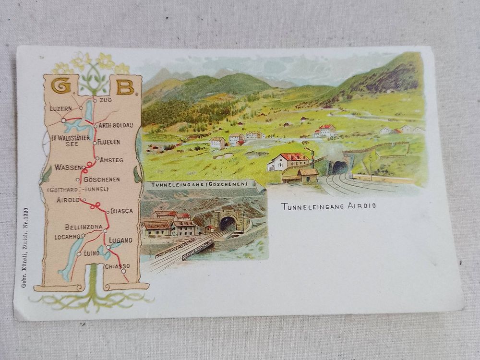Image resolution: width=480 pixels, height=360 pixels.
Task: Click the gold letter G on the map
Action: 61,86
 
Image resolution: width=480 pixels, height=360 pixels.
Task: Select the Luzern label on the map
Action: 60,108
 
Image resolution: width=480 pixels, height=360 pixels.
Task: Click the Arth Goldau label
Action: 116,125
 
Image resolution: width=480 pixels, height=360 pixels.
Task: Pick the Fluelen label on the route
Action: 108,142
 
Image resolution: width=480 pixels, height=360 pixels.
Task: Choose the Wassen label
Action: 67,168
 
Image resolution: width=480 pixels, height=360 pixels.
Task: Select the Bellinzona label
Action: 84,227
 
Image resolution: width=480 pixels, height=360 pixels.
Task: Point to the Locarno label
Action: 66,237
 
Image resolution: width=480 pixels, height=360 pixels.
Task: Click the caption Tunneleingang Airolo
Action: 328,206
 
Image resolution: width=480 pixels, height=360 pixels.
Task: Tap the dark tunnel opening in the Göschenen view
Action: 228,224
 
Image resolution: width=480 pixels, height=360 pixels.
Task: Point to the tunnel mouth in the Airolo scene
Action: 340,168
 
